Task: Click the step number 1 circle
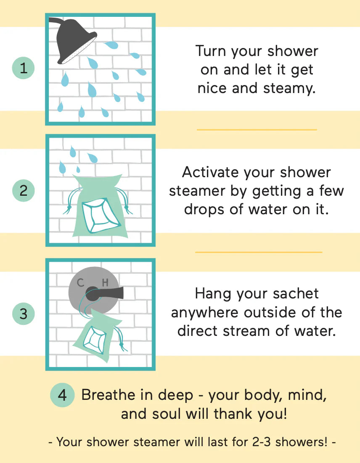tap(24, 68)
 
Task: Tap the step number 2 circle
tap(24, 191)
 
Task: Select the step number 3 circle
tap(24, 314)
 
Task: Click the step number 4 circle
tap(62, 395)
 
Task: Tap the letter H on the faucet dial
tap(105, 283)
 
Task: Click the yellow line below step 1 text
tap(257, 130)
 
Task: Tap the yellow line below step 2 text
tap(258, 252)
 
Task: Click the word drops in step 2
tap(208, 209)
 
